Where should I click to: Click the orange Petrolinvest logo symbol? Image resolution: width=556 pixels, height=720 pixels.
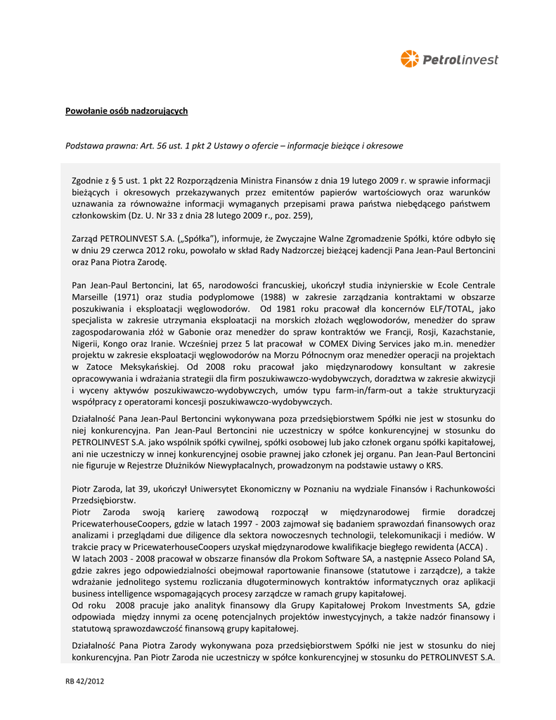(x=409, y=59)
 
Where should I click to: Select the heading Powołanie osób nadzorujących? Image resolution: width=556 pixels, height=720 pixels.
(x=127, y=111)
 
